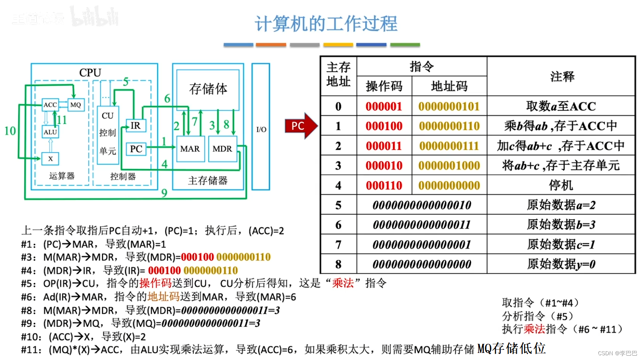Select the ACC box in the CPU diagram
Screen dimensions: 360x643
pyautogui.click(x=50, y=104)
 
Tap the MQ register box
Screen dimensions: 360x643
pyautogui.click(x=75, y=104)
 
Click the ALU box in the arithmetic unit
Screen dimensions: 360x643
pyautogui.click(x=50, y=132)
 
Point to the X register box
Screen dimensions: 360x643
pyautogui.click(x=50, y=159)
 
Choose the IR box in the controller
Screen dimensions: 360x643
pyautogui.click(x=136, y=125)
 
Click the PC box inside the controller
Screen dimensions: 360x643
pyautogui.click(x=136, y=149)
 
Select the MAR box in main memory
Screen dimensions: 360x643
pyautogui.click(x=190, y=149)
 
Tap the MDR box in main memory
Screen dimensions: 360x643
pyautogui.click(x=222, y=149)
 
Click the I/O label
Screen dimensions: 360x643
pyautogui.click(x=261, y=129)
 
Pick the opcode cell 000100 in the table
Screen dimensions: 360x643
pyautogui.click(x=384, y=126)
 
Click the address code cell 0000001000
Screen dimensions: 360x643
pyautogui.click(x=449, y=166)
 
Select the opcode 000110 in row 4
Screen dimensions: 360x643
pyautogui.click(x=384, y=185)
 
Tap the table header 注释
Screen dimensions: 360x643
pyautogui.click(x=562, y=76)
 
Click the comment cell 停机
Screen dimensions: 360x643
pyautogui.click(x=561, y=185)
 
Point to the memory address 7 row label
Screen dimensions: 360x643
pyautogui.click(x=338, y=244)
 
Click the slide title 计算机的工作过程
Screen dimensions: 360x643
pyautogui.click(x=326, y=24)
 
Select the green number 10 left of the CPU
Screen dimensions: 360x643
pyautogui.click(x=10, y=131)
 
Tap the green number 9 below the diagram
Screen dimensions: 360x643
pyautogui.click(x=164, y=193)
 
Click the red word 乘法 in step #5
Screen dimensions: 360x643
pyautogui.click(x=343, y=283)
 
